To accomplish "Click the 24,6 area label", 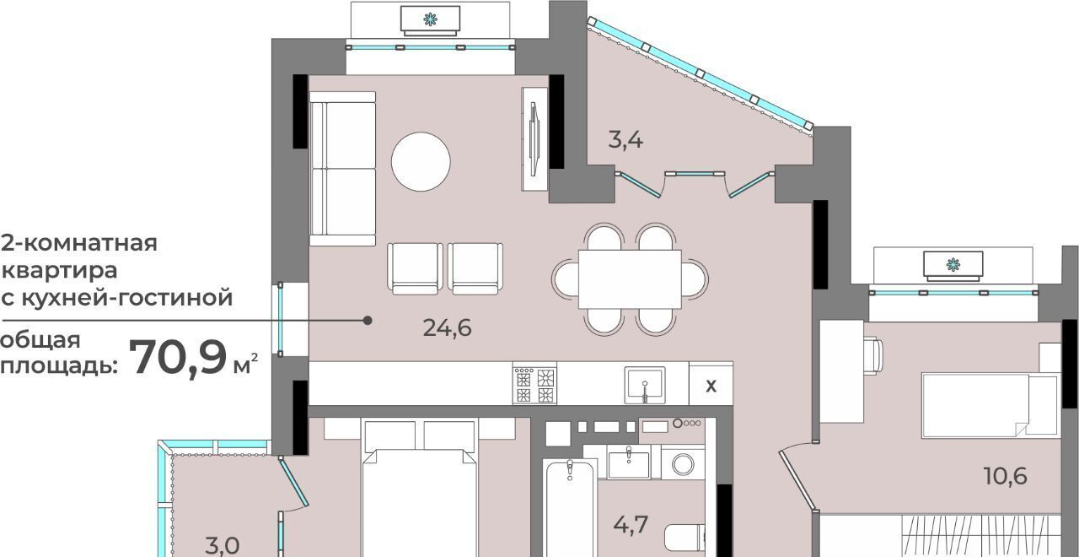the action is (x=447, y=329).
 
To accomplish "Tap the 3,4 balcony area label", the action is (x=625, y=140).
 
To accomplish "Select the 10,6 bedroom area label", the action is (x=1006, y=477).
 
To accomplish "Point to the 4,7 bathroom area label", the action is (x=631, y=525).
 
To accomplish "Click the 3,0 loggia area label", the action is (x=222, y=546).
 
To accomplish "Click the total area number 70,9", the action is (x=178, y=358).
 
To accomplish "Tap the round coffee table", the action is (x=421, y=161).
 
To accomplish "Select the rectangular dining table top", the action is (x=630, y=279).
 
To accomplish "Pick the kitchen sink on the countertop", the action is (x=645, y=385).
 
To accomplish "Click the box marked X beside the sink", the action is (x=711, y=384).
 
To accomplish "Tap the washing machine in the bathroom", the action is (x=683, y=464).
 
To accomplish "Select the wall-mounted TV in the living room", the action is (x=534, y=139).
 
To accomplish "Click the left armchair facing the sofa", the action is (x=415, y=268).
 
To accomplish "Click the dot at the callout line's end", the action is (x=368, y=320).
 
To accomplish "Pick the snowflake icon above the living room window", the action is (x=430, y=19).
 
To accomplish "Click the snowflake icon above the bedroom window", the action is (x=953, y=264).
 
